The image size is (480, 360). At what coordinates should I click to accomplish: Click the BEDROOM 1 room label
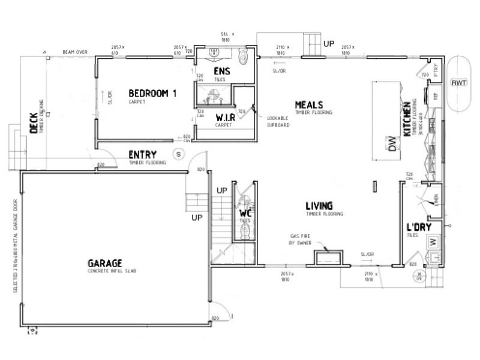tap(153, 93)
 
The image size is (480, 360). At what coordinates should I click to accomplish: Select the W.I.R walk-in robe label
tap(225, 117)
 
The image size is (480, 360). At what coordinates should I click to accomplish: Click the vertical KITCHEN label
tap(407, 119)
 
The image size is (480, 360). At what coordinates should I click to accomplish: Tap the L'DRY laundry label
tap(417, 229)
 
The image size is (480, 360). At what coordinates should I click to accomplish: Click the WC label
tap(245, 213)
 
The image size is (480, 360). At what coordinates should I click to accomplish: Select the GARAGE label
tap(105, 263)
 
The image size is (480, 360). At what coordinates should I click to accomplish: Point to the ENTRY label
tap(143, 155)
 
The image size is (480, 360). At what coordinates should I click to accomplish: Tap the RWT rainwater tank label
tap(459, 82)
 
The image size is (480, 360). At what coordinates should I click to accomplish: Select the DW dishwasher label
tap(394, 145)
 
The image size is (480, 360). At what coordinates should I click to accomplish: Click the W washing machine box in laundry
tap(433, 242)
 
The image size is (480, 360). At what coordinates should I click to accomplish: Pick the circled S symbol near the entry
tap(178, 154)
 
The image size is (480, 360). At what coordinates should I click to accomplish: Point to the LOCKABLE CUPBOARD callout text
tap(278, 122)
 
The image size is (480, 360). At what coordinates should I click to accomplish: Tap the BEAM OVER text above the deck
tap(75, 52)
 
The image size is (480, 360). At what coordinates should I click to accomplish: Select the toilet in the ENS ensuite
tap(242, 56)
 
